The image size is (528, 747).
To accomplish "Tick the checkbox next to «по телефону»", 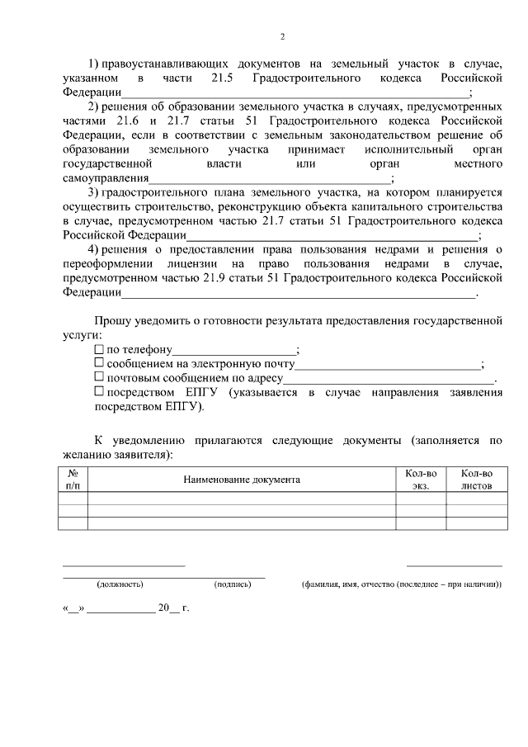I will pyautogui.click(x=99, y=349).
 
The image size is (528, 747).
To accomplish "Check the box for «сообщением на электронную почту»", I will pyautogui.click(x=99, y=363).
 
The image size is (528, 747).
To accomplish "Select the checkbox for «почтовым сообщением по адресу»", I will pyautogui.click(x=99, y=377).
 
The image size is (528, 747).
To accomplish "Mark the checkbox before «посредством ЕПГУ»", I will pyautogui.click(x=99, y=392).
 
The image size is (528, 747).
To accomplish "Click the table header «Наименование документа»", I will pyautogui.click(x=242, y=480).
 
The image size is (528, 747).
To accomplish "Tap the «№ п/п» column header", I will pyautogui.click(x=73, y=480).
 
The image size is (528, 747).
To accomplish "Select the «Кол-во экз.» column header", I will pyautogui.click(x=421, y=480).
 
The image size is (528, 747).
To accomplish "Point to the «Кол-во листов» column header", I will pyautogui.click(x=476, y=480).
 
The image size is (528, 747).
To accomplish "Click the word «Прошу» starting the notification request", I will pyautogui.click(x=110, y=320).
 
